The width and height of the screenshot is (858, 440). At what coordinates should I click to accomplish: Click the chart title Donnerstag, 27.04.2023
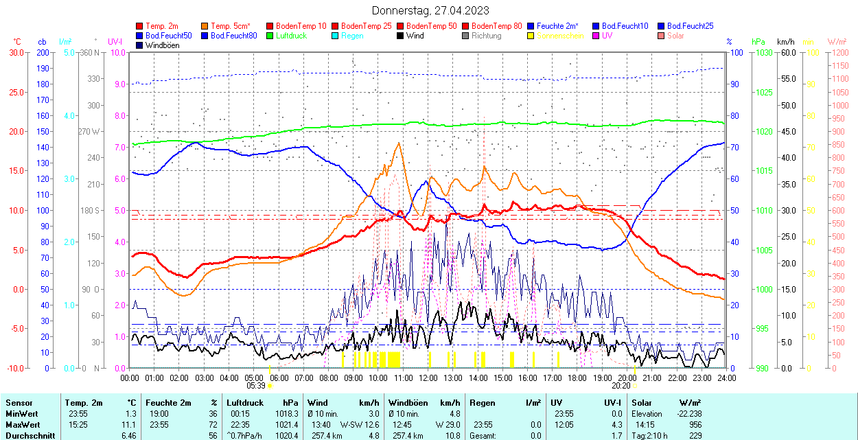(x=431, y=10)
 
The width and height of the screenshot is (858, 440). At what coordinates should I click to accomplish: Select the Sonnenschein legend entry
(x=560, y=36)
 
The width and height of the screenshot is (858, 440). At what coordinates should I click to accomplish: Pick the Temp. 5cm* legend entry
(x=231, y=26)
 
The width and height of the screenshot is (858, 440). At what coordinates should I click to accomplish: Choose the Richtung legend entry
(x=486, y=36)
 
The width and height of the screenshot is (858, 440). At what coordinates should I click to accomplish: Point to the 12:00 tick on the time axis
(x=428, y=378)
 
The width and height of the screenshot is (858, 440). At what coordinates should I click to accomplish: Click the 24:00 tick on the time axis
(x=726, y=378)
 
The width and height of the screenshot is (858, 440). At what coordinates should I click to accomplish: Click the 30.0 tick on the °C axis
(x=15, y=52)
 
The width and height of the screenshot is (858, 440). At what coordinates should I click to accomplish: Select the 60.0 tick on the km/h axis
(x=786, y=52)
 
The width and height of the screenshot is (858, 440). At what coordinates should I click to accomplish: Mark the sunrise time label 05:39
(x=255, y=386)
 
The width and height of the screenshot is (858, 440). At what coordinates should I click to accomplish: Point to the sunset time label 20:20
(x=621, y=386)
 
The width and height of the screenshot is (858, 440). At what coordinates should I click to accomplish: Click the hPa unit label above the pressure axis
(x=758, y=42)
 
